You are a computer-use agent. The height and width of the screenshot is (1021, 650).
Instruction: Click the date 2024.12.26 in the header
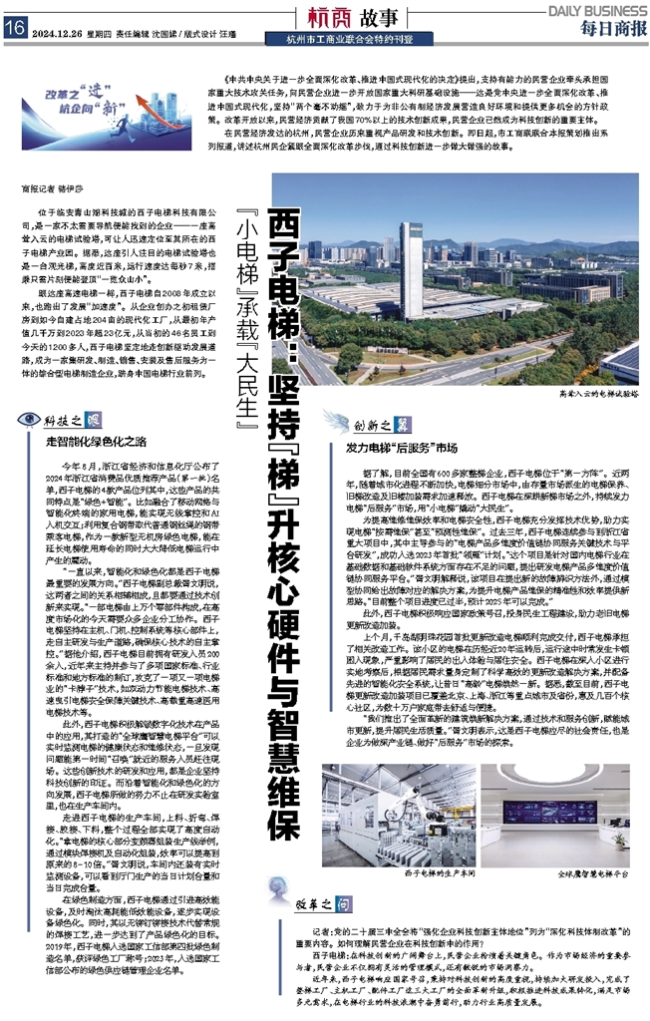(59, 30)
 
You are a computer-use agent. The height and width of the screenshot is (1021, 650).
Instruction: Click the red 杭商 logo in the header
(325, 18)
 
